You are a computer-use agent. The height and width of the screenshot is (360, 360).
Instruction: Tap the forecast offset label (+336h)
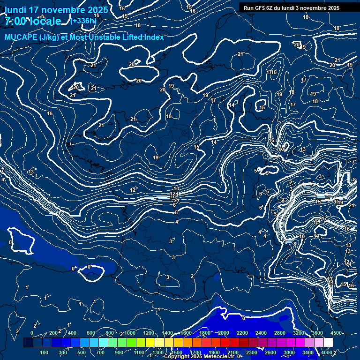click(x=83, y=20)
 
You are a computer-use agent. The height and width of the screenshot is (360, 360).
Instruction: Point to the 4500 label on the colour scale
click(x=336, y=333)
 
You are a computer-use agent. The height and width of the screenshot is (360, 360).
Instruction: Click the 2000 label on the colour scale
click(x=224, y=333)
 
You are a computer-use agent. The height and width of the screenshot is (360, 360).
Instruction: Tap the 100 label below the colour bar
click(x=45, y=352)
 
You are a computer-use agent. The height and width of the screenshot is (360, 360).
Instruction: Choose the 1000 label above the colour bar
click(x=130, y=333)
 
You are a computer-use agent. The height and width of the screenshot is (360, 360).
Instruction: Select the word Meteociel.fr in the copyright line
click(x=219, y=357)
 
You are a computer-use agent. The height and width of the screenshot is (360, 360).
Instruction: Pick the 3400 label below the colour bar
click(x=308, y=352)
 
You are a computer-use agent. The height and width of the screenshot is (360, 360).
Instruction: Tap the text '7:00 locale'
click(x=33, y=21)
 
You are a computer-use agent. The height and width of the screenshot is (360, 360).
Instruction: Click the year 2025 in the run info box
click(x=333, y=8)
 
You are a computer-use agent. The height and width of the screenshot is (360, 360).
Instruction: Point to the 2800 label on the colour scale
click(x=280, y=333)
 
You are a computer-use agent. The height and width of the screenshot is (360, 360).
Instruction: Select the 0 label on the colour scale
click(x=32, y=333)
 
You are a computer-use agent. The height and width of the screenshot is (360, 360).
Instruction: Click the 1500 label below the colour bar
click(x=177, y=352)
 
